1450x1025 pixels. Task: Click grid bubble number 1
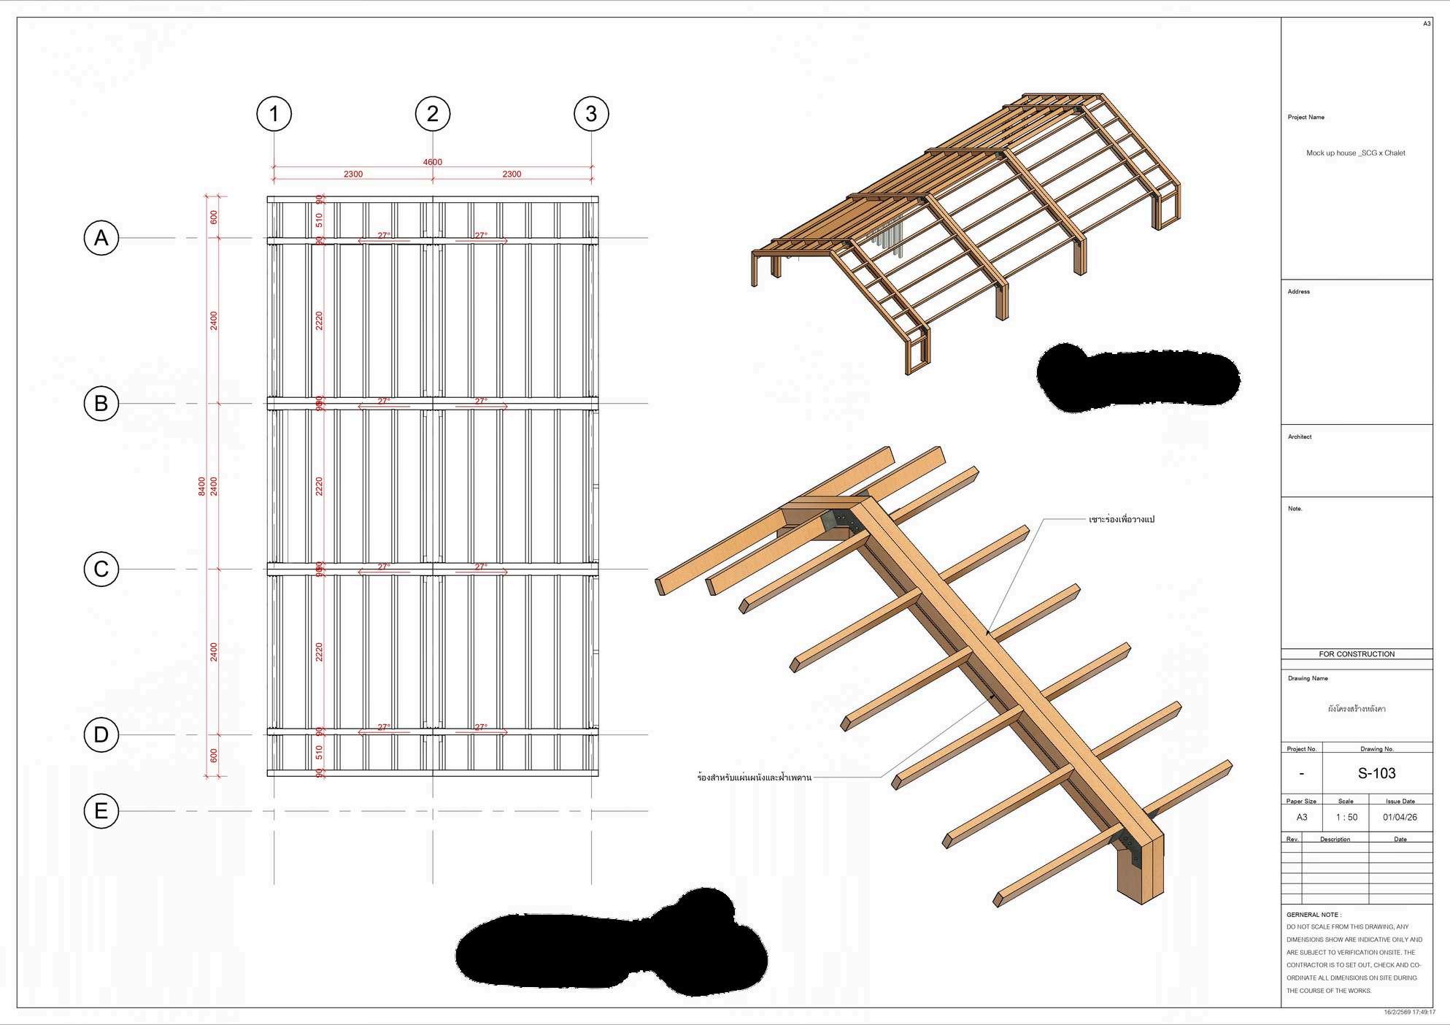274,114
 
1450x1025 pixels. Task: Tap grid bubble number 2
433,114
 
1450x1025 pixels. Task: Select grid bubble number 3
591,114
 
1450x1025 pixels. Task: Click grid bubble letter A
101,238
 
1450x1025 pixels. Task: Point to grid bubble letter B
101,404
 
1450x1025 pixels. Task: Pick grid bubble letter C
101,569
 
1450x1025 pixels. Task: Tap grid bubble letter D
101,735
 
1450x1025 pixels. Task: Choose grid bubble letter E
101,811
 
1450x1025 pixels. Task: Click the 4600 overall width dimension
433,162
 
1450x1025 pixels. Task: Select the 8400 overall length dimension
202,486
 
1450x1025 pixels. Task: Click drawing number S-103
1376,773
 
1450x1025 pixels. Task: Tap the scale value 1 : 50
1346,817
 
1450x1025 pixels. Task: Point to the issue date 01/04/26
1400,817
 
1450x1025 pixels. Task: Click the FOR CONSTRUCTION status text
1357,654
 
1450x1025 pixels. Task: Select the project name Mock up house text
1355,153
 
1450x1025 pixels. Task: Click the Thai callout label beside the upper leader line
1122,520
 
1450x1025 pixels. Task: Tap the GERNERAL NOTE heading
1314,915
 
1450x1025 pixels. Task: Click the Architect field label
1300,437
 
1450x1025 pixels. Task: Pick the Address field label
1298,292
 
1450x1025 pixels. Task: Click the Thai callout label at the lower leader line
754,778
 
